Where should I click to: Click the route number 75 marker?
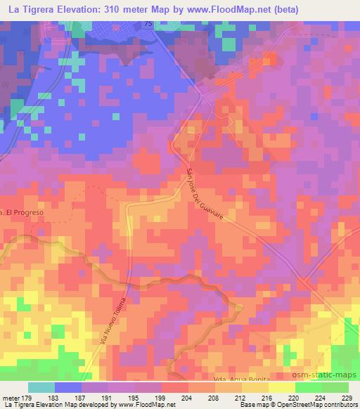(148, 25)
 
